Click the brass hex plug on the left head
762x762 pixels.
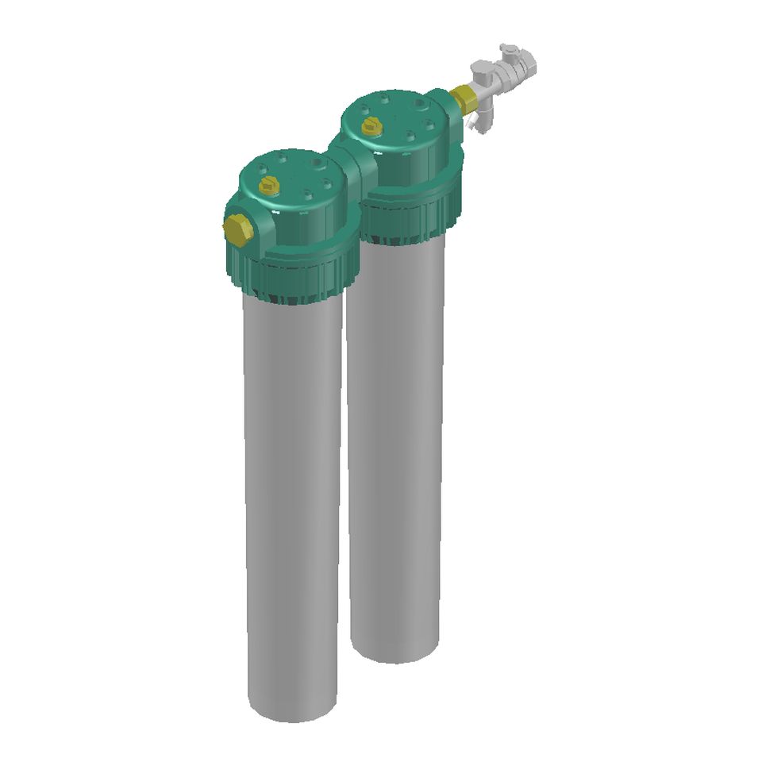point(238,229)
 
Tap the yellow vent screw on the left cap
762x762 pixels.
point(269,187)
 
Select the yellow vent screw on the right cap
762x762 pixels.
point(371,125)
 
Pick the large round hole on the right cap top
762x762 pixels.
point(418,104)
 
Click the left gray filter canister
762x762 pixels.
point(294,492)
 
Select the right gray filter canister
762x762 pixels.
point(395,444)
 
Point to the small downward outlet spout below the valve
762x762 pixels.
point(479,121)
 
